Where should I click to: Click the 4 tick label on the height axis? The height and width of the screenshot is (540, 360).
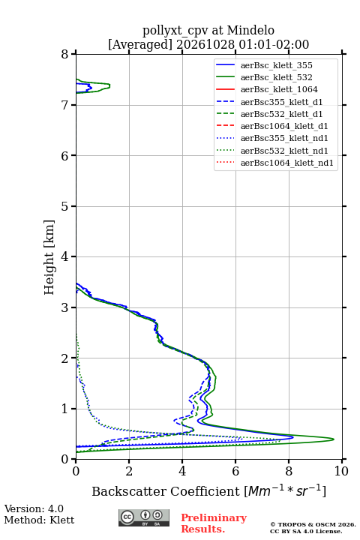(64, 256)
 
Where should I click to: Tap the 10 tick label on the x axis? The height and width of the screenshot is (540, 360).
(341, 471)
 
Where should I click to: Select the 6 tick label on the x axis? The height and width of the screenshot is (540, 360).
(235, 471)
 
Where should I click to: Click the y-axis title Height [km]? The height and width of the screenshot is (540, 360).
(49, 257)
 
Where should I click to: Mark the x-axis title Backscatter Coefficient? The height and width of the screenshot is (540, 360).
(166, 491)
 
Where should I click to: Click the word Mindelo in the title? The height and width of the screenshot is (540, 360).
(250, 30)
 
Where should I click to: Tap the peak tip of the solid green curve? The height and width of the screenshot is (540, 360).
(334, 439)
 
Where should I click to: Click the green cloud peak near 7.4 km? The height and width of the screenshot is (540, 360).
(109, 85)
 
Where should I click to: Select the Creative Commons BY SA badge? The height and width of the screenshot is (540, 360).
(144, 517)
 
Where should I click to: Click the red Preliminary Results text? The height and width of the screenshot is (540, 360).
(214, 523)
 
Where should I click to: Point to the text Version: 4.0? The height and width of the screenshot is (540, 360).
(34, 508)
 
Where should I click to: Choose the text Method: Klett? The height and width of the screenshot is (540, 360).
(39, 520)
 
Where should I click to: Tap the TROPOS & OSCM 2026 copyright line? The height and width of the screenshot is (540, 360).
(313, 524)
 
